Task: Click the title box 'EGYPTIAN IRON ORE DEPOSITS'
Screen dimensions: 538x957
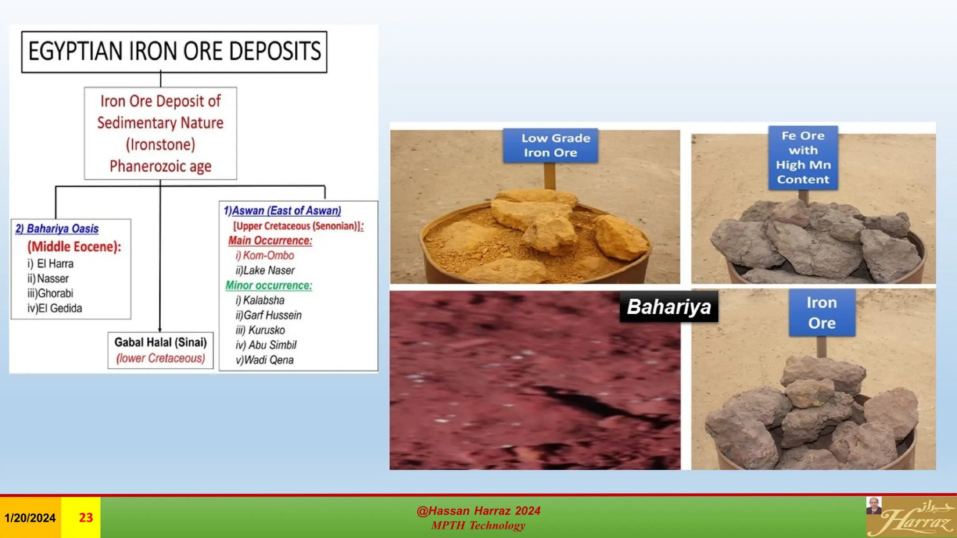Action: click(x=174, y=51)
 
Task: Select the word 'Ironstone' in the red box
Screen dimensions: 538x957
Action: click(x=160, y=144)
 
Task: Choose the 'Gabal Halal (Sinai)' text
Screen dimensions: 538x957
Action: click(x=160, y=342)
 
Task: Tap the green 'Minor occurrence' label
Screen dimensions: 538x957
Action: click(x=269, y=285)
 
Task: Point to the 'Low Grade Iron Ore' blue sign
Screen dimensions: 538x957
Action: click(x=550, y=146)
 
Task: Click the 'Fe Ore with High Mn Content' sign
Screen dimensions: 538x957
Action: click(x=803, y=158)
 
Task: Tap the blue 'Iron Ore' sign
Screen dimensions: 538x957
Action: click(x=822, y=312)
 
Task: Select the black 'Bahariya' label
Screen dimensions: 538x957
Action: click(x=669, y=307)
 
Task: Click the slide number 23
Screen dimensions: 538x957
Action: click(x=86, y=517)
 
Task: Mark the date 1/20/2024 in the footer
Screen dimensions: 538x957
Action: click(x=30, y=518)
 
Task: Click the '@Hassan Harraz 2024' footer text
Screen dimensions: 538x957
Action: click(x=478, y=511)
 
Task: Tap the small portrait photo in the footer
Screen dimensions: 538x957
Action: click(x=873, y=506)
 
